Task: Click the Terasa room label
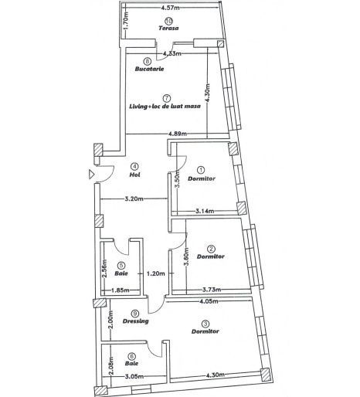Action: click(168, 28)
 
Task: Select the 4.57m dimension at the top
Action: click(172, 8)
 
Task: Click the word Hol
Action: click(134, 175)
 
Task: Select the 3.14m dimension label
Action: click(205, 211)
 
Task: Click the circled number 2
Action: click(209, 248)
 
